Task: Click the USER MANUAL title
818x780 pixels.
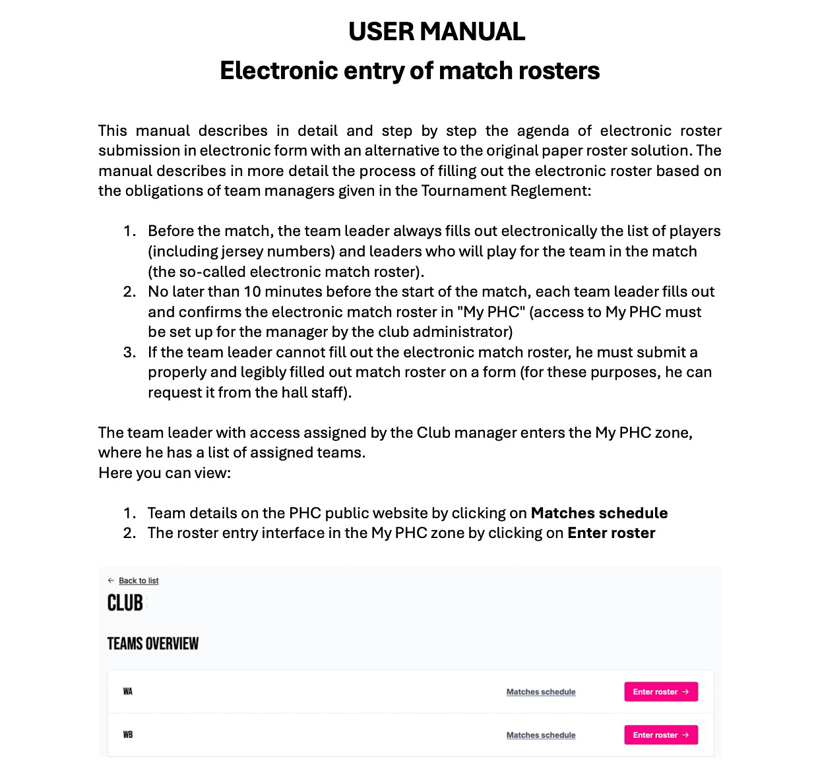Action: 436,32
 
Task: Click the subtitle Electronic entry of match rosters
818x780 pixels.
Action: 410,71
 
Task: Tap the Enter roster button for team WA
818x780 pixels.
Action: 660,692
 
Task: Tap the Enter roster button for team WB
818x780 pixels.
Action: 660,735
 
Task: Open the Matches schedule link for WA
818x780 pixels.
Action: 541,692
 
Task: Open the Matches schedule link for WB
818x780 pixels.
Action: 541,735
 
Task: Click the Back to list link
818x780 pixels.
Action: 139,581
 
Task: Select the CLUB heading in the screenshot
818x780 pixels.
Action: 125,603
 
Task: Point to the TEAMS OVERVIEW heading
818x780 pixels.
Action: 153,644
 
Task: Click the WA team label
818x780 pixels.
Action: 128,692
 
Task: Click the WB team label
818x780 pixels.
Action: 128,735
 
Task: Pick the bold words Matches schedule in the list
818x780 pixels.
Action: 599,513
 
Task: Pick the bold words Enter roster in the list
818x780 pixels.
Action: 611,533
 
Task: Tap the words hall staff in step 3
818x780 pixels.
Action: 312,392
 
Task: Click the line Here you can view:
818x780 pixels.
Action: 164,473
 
